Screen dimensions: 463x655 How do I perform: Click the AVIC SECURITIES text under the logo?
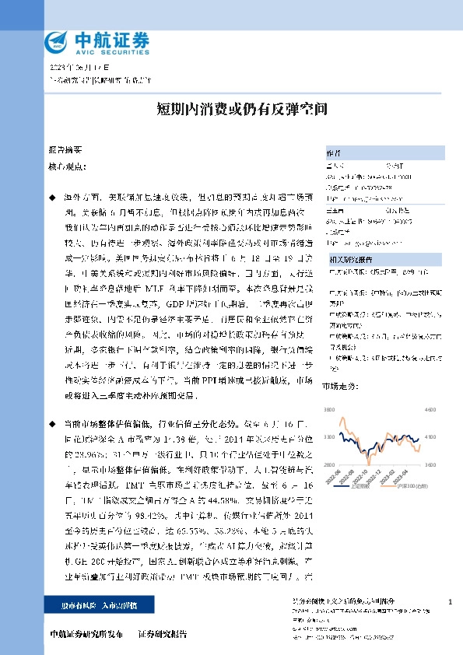pyautogui.click(x=99, y=49)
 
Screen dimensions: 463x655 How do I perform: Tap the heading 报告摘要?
pyautogui.click(x=65, y=148)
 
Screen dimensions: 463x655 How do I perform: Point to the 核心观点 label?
pyautogui.click(x=65, y=166)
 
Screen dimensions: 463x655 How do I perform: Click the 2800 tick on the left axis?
pyautogui.click(x=330, y=464)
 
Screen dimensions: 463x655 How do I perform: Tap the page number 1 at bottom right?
pyautogui.click(x=451, y=602)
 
